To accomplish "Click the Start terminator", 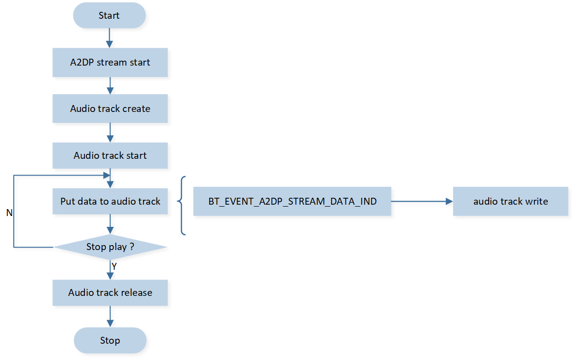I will (x=109, y=15).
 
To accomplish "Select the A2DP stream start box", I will (x=110, y=63).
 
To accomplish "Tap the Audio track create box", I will (x=110, y=108).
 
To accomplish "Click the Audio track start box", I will (x=110, y=155).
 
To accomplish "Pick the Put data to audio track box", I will (x=110, y=201).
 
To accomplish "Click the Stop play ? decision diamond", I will (x=110, y=247).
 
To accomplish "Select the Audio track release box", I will (x=110, y=292).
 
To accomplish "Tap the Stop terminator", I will (x=110, y=340).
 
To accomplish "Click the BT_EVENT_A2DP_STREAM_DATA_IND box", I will (x=292, y=201).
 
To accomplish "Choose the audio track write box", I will (x=510, y=201).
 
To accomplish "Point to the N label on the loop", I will (x=9, y=213).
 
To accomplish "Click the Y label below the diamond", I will (x=114, y=266).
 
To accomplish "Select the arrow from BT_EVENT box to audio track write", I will (x=422, y=201).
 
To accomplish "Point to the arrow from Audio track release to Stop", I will (x=110, y=317).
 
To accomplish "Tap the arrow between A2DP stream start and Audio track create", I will (x=110, y=85).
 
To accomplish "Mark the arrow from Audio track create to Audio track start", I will (x=110, y=132).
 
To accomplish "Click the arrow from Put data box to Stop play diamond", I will (x=110, y=224).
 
